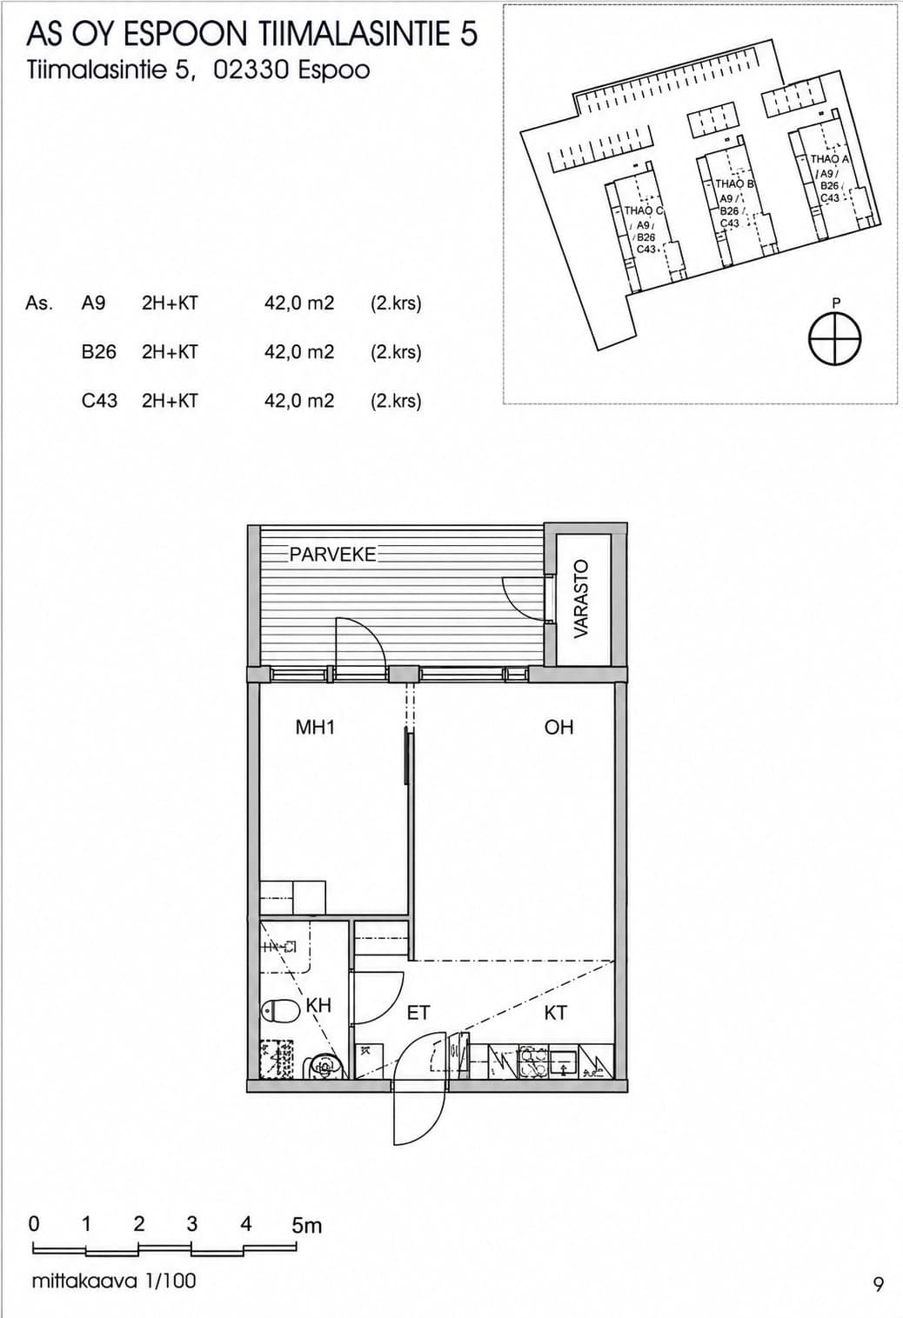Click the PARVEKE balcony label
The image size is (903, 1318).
332,555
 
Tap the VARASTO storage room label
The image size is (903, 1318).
582,599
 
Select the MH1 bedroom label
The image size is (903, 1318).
315,728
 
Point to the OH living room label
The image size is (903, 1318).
559,728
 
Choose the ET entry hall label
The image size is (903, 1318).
418,1013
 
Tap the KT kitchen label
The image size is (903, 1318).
555,1013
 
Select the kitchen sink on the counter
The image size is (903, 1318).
565,1062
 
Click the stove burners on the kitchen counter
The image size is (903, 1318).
533,1062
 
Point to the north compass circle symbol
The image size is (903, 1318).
835,340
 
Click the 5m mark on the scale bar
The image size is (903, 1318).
307,1226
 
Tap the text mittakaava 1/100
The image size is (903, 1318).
114,1281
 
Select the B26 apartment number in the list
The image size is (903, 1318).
99,352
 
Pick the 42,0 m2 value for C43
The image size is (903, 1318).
299,401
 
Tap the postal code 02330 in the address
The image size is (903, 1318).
250,70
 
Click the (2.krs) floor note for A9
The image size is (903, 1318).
396,303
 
